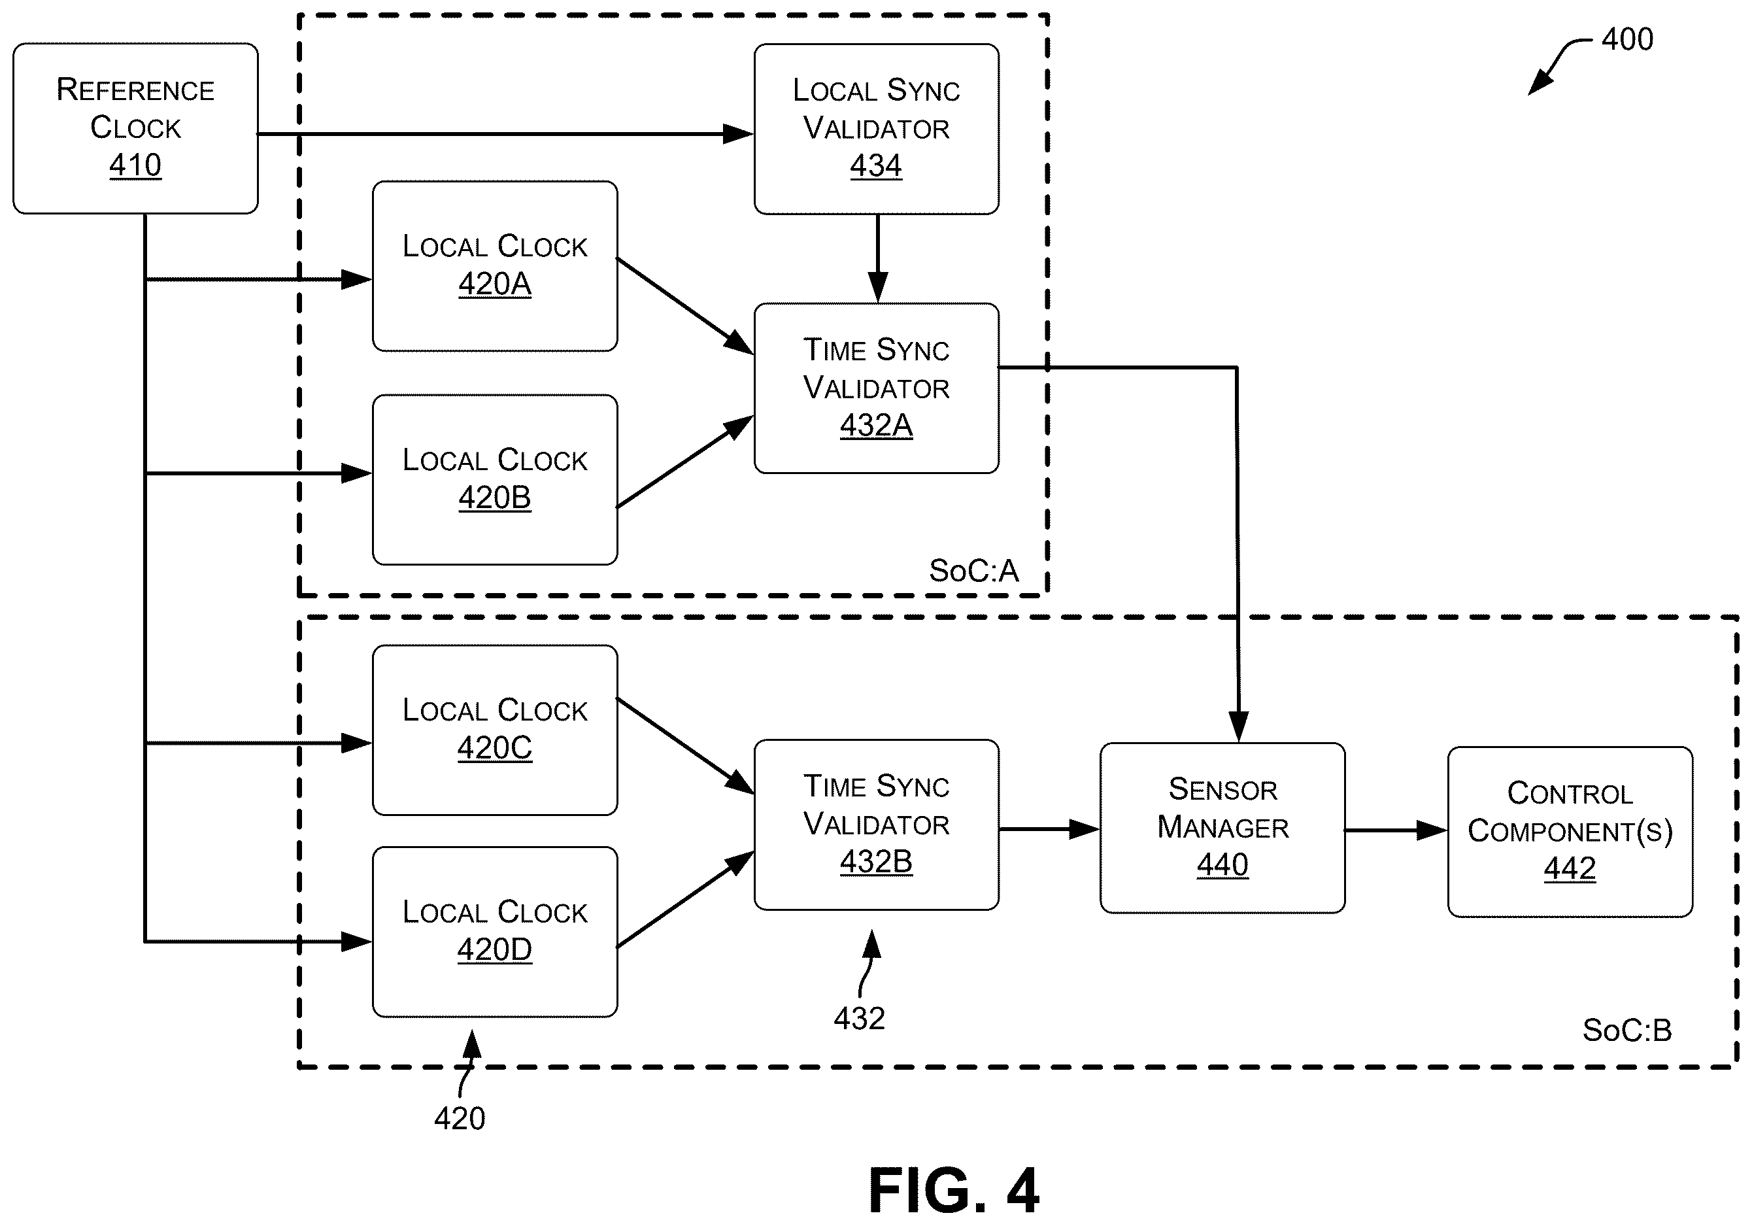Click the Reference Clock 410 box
(136, 128)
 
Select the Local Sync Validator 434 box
(877, 129)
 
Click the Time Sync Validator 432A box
(877, 388)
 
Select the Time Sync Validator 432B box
(877, 825)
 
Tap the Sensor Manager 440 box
(1222, 828)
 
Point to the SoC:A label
(973, 571)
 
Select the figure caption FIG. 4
(954, 1191)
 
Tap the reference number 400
(1628, 39)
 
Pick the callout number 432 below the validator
(859, 1018)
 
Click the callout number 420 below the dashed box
(460, 1118)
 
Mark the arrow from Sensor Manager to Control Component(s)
(1396, 830)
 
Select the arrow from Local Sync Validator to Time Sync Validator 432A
(877, 259)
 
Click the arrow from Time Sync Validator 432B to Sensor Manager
(1049, 829)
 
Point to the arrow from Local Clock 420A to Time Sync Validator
(685, 306)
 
